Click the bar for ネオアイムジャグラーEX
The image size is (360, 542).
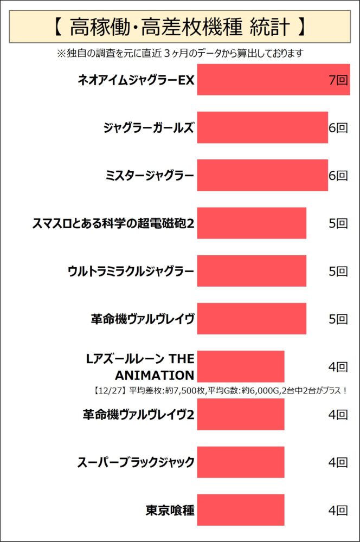pos(273,80)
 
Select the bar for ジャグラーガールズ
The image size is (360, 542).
pos(262,127)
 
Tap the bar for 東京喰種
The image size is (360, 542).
pos(240,510)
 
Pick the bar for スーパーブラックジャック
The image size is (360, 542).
pos(240,462)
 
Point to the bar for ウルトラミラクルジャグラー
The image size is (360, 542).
pos(251,271)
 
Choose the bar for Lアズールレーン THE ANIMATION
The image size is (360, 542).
pos(240,366)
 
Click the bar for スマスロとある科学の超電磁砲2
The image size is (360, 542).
pos(251,223)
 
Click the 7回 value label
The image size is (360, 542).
pos(338,80)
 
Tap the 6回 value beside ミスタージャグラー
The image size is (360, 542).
pos(338,176)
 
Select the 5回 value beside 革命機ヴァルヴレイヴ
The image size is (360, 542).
pos(338,319)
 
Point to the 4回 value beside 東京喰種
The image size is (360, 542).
pos(338,510)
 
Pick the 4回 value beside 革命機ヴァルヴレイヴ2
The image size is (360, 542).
pos(338,415)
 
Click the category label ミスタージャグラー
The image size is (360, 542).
pos(150,176)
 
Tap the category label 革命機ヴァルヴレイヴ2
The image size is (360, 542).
pos(138,415)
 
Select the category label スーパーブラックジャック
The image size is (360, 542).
pos(136,462)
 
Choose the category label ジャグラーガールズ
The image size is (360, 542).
pos(148,128)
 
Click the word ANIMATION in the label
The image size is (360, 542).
pos(155,375)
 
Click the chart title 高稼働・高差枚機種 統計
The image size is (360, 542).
pos(179,25)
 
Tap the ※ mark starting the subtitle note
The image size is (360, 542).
pos(60,53)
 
